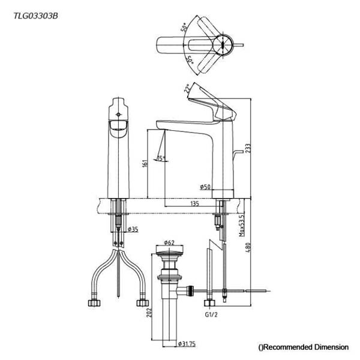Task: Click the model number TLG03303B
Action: point(35,16)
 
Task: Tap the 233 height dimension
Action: point(248,149)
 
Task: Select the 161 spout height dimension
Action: point(145,163)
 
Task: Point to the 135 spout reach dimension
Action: point(194,203)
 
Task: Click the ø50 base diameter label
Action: point(205,187)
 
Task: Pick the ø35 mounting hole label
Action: point(133,229)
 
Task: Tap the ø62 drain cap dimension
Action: point(169,242)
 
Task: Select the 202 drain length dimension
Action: point(149,313)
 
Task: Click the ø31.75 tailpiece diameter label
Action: point(187,344)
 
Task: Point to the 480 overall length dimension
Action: point(248,248)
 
